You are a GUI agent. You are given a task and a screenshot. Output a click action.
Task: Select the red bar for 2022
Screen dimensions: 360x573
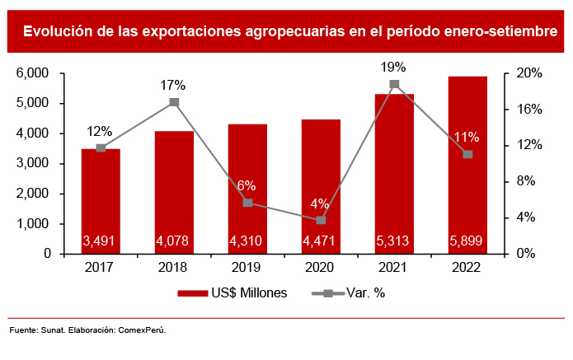click(467, 165)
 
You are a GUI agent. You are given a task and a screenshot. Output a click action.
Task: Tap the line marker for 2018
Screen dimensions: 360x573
click(174, 102)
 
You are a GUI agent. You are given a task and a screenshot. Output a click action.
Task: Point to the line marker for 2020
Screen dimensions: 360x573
click(321, 220)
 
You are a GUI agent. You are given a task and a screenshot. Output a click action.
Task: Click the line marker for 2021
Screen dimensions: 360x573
click(394, 84)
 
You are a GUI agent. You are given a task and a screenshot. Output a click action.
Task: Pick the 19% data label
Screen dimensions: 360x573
click(394, 66)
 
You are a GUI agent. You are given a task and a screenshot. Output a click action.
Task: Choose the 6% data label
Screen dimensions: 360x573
click(247, 185)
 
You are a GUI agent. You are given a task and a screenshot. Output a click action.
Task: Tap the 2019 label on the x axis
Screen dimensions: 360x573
click(247, 267)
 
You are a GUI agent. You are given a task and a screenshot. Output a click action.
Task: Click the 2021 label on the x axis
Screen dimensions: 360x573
click(394, 267)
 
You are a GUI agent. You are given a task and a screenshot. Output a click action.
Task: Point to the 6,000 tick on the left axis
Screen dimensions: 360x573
click(34, 73)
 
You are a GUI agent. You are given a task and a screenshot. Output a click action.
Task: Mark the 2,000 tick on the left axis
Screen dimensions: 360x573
click(34, 194)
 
